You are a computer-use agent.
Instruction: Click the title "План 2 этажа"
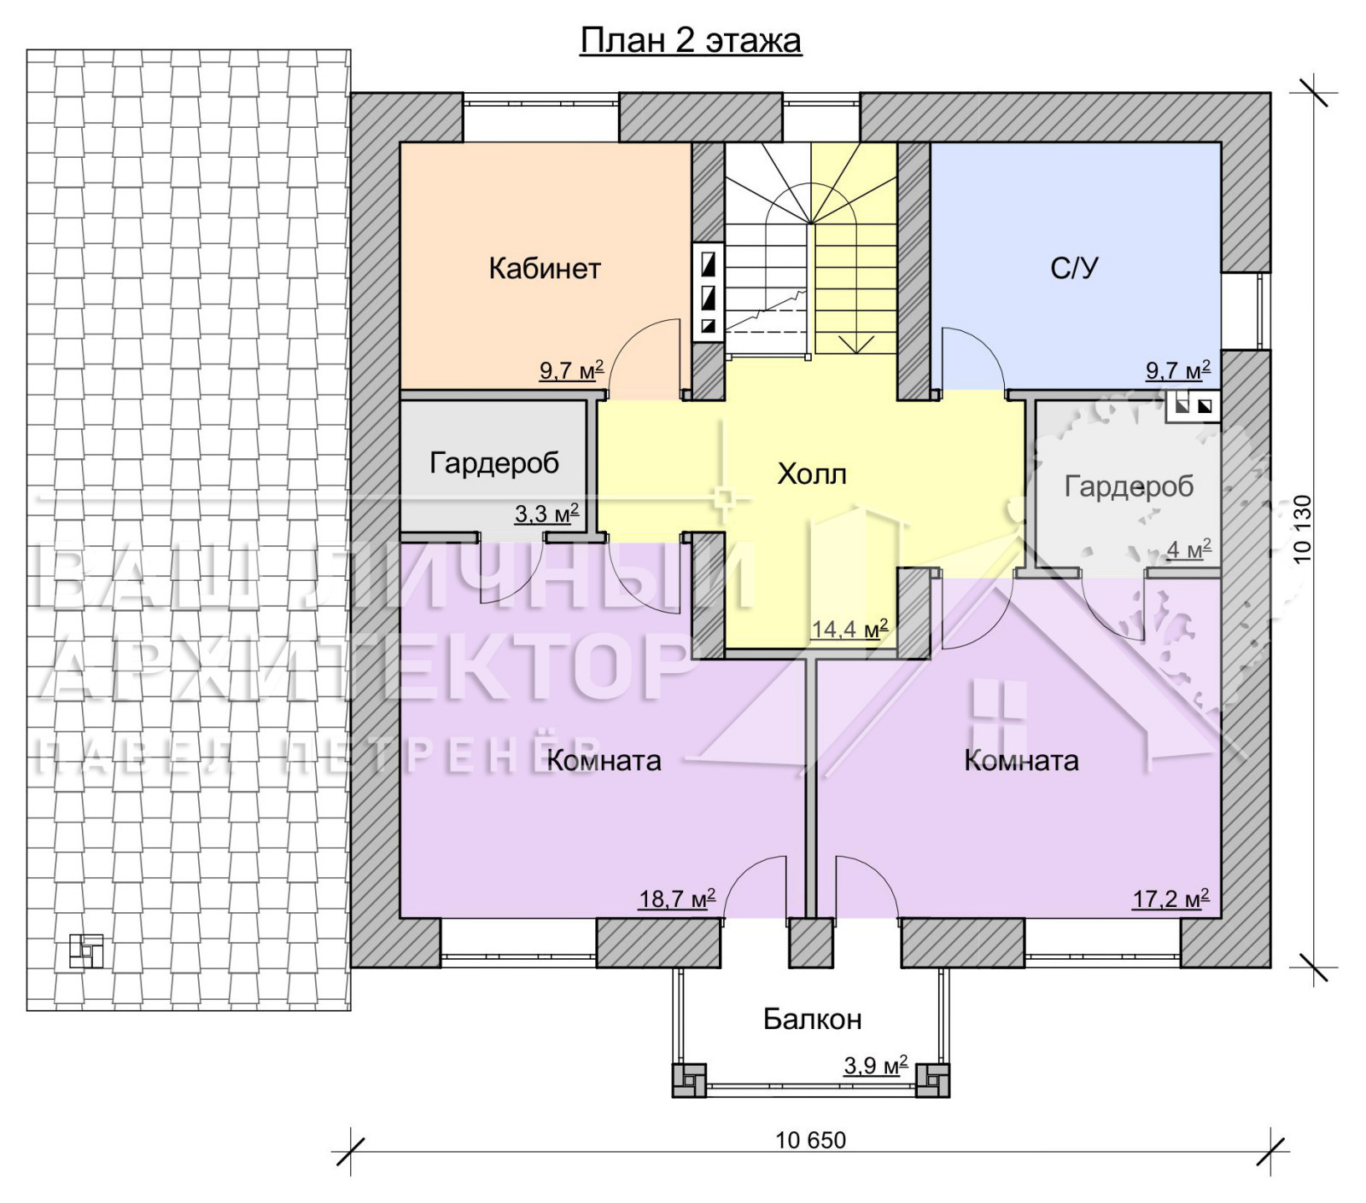[x=691, y=41]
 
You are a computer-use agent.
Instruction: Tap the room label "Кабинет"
[x=545, y=269]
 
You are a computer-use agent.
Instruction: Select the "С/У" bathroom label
[x=1074, y=269]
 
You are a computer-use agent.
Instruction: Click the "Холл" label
[x=811, y=474]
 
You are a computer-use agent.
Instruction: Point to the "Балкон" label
[x=812, y=1019]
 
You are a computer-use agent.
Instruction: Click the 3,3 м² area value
[x=546, y=514]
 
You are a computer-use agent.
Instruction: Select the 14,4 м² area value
[x=849, y=629]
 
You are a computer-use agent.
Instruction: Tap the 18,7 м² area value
[x=677, y=898]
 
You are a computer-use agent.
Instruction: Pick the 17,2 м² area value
[x=1170, y=898]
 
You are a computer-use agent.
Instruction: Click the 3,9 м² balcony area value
[x=875, y=1066]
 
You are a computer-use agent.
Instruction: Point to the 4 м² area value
[x=1189, y=549]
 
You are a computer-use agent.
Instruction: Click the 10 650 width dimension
[x=810, y=1140]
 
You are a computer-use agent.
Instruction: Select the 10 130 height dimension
[x=1302, y=529]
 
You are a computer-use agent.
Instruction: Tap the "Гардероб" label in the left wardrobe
[x=494, y=462]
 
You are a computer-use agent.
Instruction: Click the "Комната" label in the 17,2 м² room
[x=1021, y=760]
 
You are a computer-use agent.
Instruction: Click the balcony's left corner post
[x=689, y=1080]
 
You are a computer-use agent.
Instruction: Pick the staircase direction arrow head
[x=855, y=344]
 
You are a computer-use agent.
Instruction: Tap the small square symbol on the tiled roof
[x=86, y=952]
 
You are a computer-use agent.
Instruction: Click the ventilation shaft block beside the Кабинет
[x=708, y=293]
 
